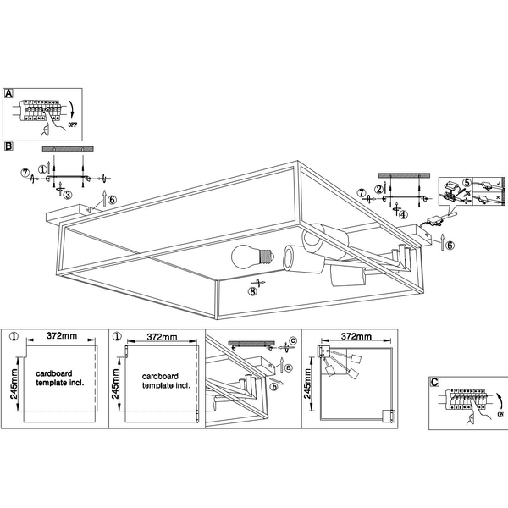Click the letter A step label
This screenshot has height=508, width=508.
8,94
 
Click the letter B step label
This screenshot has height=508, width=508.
8,146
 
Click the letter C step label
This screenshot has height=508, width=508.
434,382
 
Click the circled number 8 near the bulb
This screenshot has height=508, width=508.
251,292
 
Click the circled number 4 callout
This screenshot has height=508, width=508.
403,214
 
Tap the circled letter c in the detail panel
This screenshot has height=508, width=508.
293,341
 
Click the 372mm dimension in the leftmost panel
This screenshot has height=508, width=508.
56,336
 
